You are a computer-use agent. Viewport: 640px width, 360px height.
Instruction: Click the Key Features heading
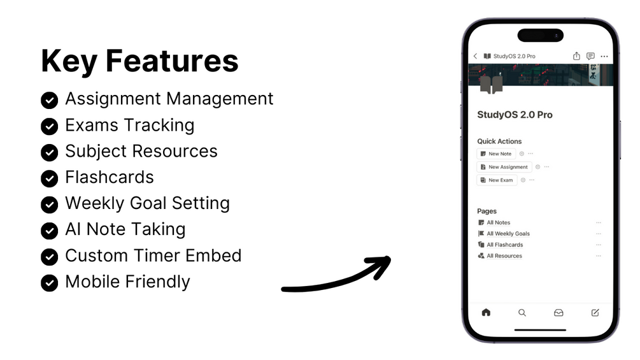(x=139, y=61)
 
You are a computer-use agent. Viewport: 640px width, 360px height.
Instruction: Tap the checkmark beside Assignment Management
(x=50, y=100)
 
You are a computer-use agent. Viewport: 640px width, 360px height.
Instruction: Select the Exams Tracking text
(x=130, y=126)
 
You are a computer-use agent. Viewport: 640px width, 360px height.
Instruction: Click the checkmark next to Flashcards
(x=50, y=178)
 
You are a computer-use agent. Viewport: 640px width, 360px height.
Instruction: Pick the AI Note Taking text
(x=125, y=229)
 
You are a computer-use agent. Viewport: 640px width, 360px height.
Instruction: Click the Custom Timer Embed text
(x=153, y=256)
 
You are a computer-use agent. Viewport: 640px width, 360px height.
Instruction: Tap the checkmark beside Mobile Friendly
(x=50, y=283)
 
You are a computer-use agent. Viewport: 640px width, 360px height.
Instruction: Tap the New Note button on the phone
(x=496, y=154)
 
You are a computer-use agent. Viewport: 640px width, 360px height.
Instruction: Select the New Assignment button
(x=504, y=167)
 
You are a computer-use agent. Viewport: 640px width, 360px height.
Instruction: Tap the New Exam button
(x=497, y=180)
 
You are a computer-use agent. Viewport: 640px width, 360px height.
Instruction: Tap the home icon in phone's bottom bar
(x=486, y=313)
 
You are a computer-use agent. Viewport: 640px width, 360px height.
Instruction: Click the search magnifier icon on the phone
(x=522, y=313)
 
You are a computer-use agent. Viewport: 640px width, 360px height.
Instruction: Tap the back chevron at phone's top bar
(x=475, y=56)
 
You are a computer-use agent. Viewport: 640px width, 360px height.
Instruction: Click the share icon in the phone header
(x=576, y=56)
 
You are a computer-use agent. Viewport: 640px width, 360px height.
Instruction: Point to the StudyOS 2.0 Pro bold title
(x=515, y=115)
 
